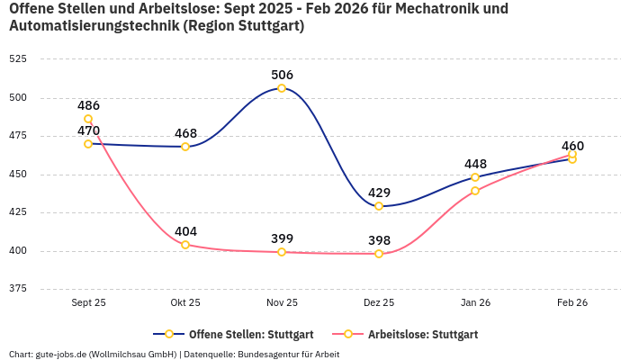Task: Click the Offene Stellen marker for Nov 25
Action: coord(282,88)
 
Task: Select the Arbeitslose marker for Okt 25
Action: coord(185,245)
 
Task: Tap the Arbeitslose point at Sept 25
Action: coord(88,119)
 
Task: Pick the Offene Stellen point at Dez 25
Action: coord(379,206)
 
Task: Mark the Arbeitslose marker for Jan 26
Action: coord(475,191)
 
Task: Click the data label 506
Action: coord(282,75)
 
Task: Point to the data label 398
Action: coord(379,240)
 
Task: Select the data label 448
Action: coord(475,164)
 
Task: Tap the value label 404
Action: coord(185,231)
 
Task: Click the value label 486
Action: coord(88,105)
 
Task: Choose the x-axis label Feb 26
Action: coord(572,302)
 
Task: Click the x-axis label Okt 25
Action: coord(185,302)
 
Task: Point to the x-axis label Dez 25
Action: coord(379,302)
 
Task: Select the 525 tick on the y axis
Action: coord(18,58)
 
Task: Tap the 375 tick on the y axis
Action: coord(18,289)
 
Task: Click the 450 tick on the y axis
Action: coord(18,175)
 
